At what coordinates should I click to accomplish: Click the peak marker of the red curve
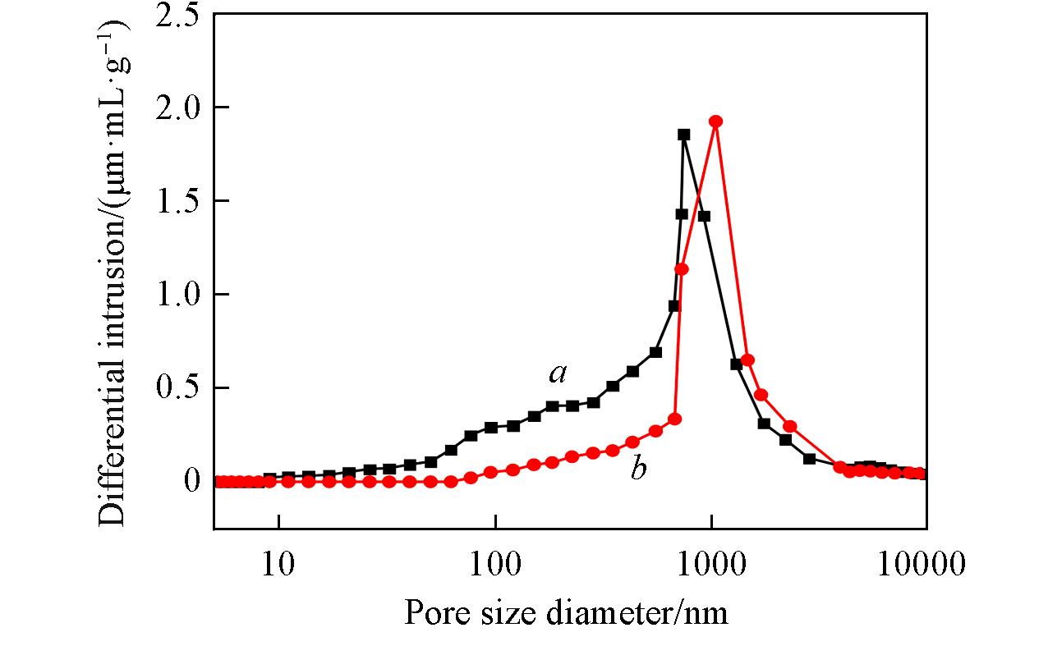pyautogui.click(x=715, y=121)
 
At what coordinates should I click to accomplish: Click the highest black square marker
pyautogui.click(x=683, y=135)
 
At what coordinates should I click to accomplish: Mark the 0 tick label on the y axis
pyautogui.click(x=192, y=481)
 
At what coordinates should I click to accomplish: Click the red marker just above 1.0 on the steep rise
pyautogui.click(x=681, y=269)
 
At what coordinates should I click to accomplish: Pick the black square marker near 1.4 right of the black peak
pyautogui.click(x=704, y=217)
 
